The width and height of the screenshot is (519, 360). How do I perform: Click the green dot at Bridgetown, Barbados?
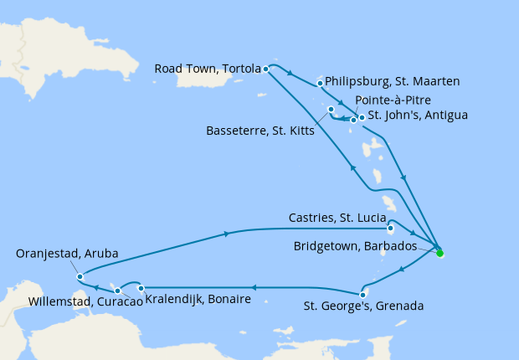tap(440, 252)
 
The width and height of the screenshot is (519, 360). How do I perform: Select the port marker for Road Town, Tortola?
tap(265, 69)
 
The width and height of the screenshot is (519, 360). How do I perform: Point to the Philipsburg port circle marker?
tap(321, 83)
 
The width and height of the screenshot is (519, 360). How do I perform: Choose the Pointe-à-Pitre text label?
tap(393, 100)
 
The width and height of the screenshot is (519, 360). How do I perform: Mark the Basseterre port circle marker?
tap(331, 110)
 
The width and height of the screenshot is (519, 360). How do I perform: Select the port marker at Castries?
tap(391, 227)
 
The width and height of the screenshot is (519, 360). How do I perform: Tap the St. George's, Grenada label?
tap(363, 306)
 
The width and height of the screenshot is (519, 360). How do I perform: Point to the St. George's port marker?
tap(362, 294)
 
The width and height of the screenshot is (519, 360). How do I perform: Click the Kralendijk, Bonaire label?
tap(198, 299)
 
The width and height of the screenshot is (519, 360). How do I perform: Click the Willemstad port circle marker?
tap(118, 291)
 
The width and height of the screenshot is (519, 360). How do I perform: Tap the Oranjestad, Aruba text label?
tap(68, 253)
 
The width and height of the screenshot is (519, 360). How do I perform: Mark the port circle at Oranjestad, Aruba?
tap(80, 276)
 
